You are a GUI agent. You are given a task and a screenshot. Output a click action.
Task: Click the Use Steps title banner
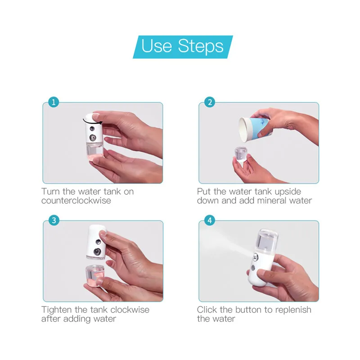183,47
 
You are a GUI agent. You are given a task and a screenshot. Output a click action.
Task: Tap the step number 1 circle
54,102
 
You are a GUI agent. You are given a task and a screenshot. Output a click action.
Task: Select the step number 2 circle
210,102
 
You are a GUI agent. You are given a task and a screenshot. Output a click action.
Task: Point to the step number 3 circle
54,220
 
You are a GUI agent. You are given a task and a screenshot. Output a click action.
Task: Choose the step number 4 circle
210,220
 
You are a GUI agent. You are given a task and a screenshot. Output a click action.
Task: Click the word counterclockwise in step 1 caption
76,201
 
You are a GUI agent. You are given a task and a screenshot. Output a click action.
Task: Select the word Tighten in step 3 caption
57,310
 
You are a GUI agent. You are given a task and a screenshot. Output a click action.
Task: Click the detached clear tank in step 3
95,275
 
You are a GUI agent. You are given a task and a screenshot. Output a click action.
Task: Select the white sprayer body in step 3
97,242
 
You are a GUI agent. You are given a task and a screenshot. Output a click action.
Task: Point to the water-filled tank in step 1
94,151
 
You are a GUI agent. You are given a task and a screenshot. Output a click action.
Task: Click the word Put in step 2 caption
204,192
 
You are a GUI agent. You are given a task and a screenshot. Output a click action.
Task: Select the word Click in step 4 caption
207,310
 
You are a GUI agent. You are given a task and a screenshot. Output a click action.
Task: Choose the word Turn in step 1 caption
51,192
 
